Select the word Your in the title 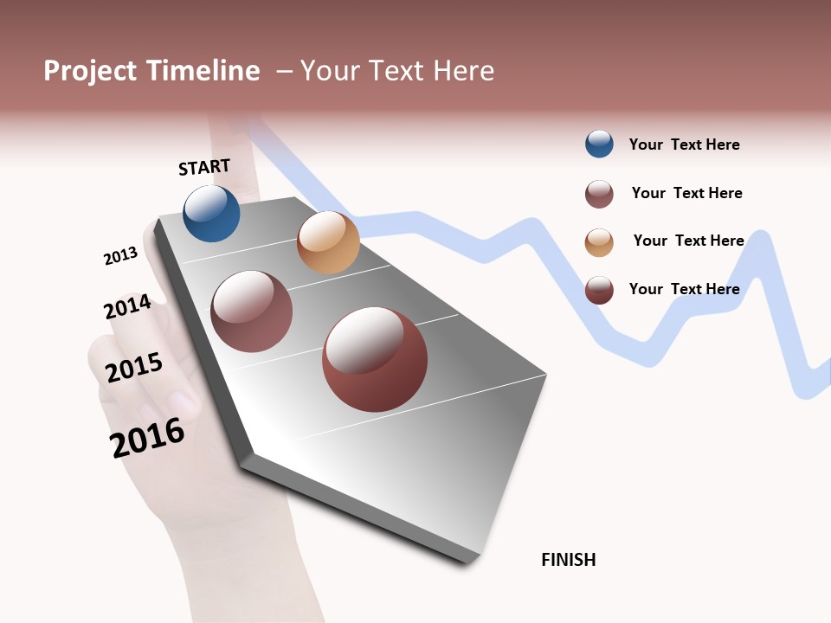tap(330, 71)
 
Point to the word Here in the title tap(464, 71)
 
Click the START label tap(204, 167)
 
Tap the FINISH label tap(569, 560)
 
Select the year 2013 tap(120, 256)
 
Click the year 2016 tap(147, 438)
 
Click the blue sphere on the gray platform tap(211, 214)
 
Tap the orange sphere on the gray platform tap(328, 242)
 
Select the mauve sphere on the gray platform tap(252, 311)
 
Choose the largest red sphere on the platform tap(375, 359)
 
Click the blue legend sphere tap(599, 145)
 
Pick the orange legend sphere tap(599, 242)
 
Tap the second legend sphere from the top tap(599, 194)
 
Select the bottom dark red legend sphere tap(599, 290)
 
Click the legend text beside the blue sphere tap(685, 145)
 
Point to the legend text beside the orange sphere tap(689, 241)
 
